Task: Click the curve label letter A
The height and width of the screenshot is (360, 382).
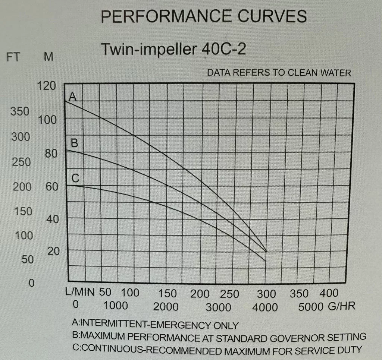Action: click(x=73, y=97)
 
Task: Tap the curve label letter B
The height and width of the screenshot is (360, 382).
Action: click(x=74, y=143)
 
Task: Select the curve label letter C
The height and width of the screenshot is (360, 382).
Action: click(x=75, y=178)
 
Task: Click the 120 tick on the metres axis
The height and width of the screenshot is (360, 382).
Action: click(x=47, y=86)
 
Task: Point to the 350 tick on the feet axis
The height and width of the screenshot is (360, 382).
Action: click(x=20, y=111)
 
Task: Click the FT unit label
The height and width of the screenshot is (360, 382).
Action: click(x=13, y=57)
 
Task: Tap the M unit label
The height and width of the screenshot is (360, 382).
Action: click(x=48, y=57)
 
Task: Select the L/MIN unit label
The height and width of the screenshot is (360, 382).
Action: click(x=80, y=291)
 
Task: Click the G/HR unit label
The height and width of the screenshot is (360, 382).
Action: click(x=342, y=306)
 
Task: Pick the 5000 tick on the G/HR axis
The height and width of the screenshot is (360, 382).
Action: click(x=311, y=307)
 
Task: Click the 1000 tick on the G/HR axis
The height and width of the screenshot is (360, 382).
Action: click(x=116, y=306)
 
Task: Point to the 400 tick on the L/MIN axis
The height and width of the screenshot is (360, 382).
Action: click(x=329, y=293)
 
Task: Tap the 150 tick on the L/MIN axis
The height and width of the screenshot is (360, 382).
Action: click(x=167, y=293)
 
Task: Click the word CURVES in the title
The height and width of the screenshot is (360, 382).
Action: click(x=272, y=16)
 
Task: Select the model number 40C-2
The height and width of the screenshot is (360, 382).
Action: click(x=223, y=49)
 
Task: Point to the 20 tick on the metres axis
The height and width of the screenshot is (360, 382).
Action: click(x=53, y=251)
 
